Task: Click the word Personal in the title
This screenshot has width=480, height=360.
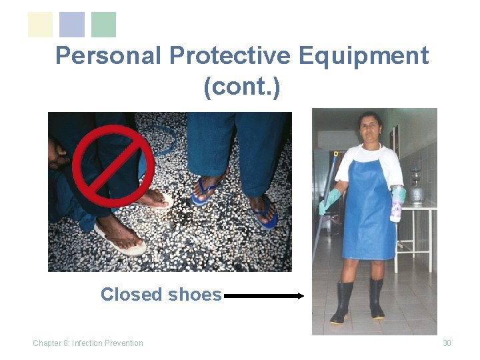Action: (109, 56)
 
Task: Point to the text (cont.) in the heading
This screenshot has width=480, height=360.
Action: (242, 87)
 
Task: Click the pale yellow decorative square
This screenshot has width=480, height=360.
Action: (40, 25)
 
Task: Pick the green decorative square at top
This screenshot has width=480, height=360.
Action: (103, 25)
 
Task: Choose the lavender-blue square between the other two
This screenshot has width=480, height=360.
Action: (72, 25)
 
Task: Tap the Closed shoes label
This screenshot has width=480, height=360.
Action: (161, 294)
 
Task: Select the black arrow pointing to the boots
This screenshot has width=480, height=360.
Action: (264, 295)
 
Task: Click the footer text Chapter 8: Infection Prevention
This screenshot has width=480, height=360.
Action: (88, 343)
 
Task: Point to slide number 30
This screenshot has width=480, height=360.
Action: (447, 343)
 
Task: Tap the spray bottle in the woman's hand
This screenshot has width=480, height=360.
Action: (397, 205)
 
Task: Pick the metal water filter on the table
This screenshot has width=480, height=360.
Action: (417, 187)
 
